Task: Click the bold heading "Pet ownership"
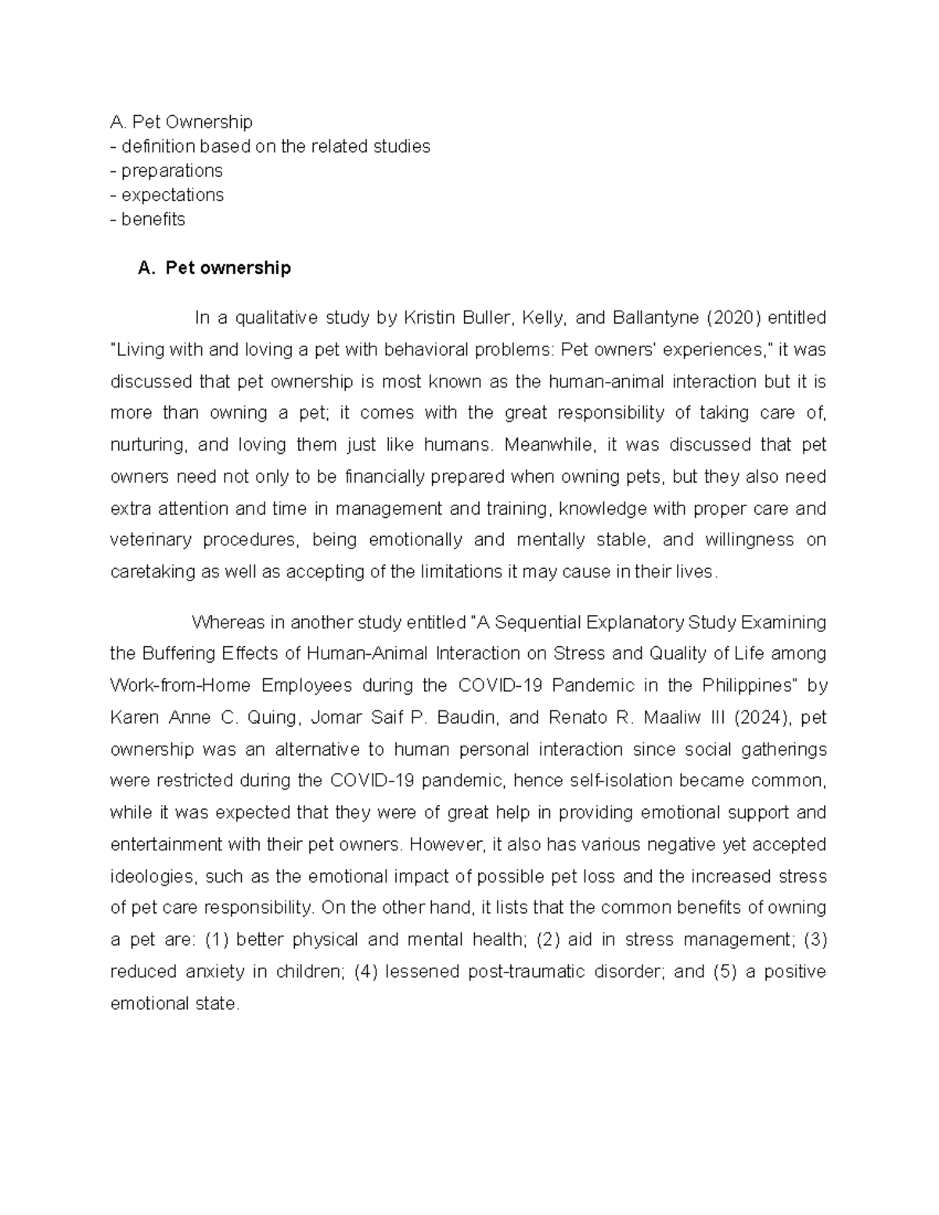(227, 268)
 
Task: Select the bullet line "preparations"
(171, 171)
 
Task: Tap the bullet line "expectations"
(172, 195)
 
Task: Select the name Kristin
(429, 318)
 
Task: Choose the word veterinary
(150, 540)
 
